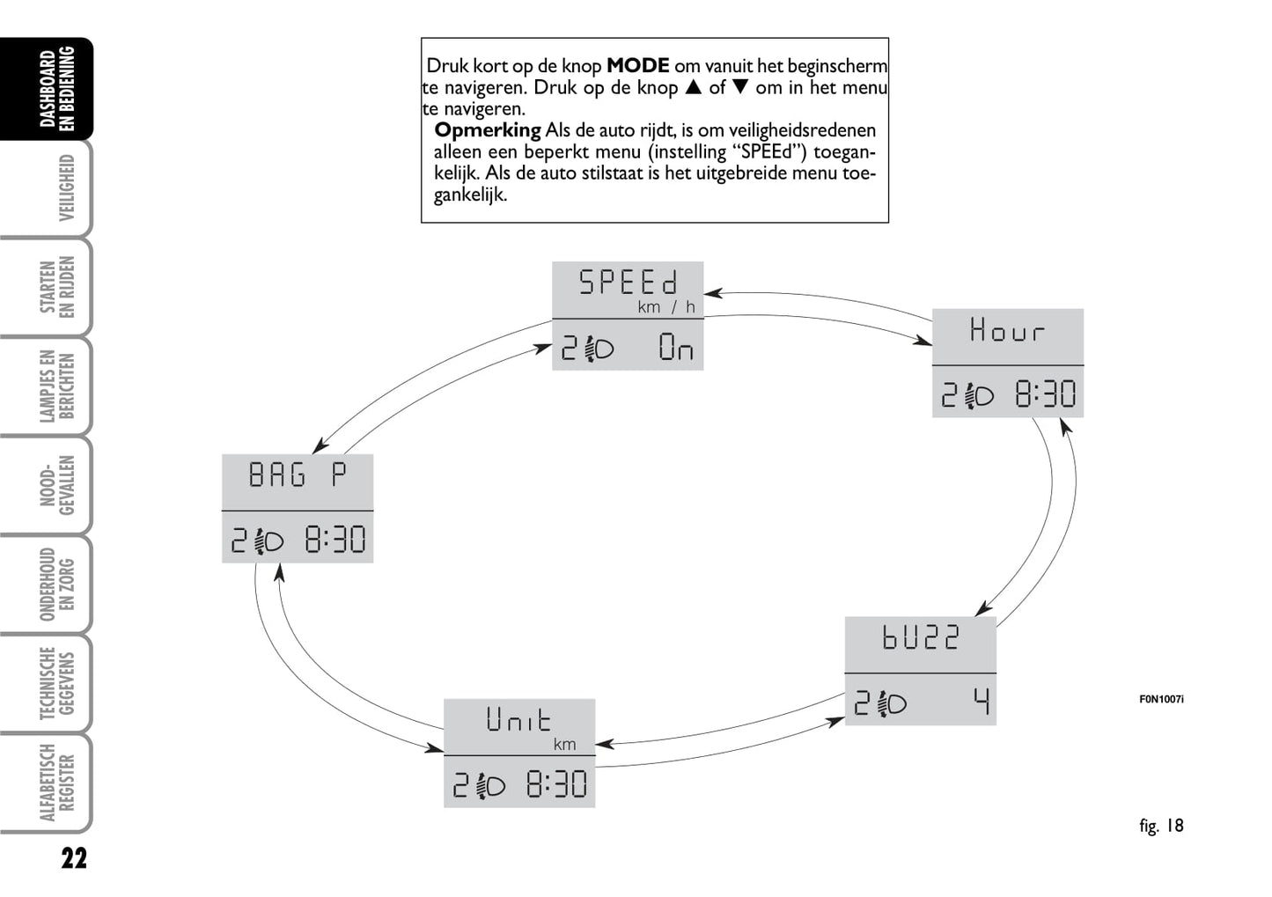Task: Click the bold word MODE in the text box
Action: pos(637,65)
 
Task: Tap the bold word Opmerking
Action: pos(487,130)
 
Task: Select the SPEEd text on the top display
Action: pos(628,283)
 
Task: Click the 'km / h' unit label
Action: pos(666,307)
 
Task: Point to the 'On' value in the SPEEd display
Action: pos(676,347)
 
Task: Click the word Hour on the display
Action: pos(1007,330)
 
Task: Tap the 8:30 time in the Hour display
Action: pos(1046,394)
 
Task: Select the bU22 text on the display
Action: pos(920,637)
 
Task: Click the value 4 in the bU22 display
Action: pos(982,702)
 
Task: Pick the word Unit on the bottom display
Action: pos(518,719)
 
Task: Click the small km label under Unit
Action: pos(564,745)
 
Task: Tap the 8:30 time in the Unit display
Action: pos(556,784)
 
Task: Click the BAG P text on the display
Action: pos(297,474)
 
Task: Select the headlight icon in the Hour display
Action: pos(979,395)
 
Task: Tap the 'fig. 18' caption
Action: pos(1161,826)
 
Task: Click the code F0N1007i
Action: pos(1161,700)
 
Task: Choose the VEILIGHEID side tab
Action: pos(66,187)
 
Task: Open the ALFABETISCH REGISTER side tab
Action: pos(57,783)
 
